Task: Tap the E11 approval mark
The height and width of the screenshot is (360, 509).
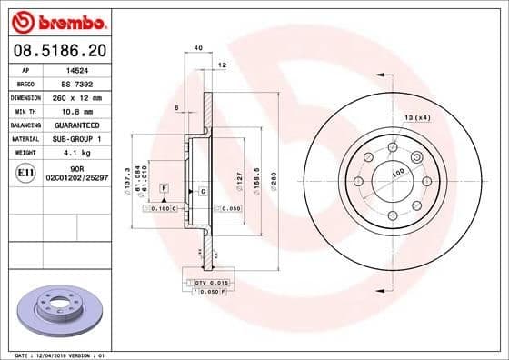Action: [x=26, y=172]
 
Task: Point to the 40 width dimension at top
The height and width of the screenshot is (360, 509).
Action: [x=197, y=48]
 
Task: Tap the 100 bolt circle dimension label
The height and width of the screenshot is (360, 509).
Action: [x=397, y=172]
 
